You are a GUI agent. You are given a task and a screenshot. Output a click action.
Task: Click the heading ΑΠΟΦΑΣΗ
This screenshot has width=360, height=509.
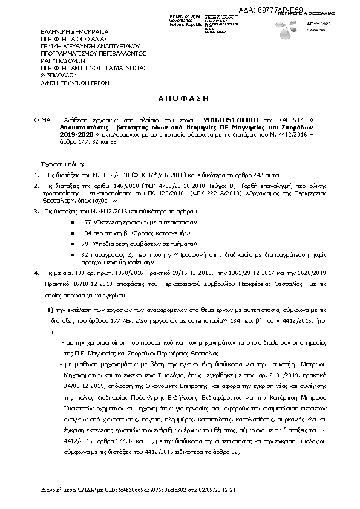pyautogui.click(x=180, y=97)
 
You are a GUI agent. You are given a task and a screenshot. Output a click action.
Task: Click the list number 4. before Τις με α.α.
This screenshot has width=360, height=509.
pyautogui.click(x=37, y=274)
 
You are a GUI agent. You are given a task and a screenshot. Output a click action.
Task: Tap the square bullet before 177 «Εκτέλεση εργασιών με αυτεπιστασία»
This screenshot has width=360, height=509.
pyautogui.click(x=73, y=223)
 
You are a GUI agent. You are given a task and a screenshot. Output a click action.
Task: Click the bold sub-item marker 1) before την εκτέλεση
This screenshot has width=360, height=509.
pyautogui.click(x=51, y=309)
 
